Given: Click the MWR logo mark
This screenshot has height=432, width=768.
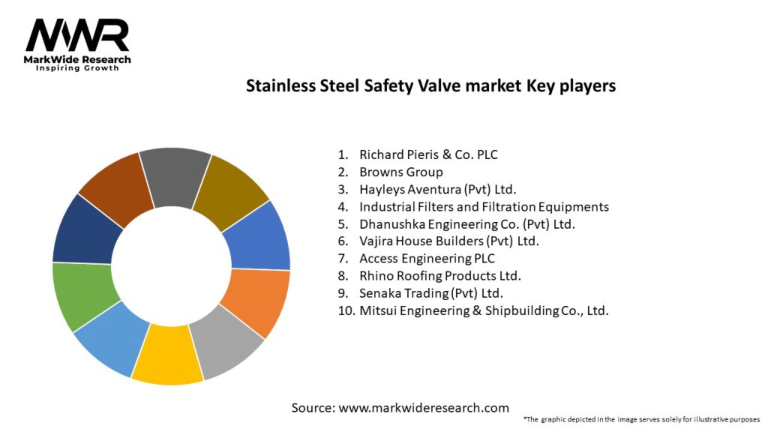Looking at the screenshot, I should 77,35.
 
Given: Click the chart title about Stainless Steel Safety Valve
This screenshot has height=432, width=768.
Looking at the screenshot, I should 430,85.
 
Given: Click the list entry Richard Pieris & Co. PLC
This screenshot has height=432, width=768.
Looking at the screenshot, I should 428,154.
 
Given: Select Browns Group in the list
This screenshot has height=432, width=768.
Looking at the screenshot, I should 400,172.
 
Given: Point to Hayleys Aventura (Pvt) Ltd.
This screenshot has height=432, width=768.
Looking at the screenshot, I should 438,189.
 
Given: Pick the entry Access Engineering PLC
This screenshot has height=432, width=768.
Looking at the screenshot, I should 427,258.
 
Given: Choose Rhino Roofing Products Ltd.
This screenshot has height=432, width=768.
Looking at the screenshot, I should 439,275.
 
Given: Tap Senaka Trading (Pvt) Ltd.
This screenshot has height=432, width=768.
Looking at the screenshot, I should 430,292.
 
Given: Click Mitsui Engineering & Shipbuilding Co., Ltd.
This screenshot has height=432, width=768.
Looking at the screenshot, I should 484,310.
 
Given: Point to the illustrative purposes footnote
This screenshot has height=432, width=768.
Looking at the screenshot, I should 641,418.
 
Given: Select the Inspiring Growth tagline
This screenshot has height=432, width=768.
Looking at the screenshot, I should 77,68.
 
